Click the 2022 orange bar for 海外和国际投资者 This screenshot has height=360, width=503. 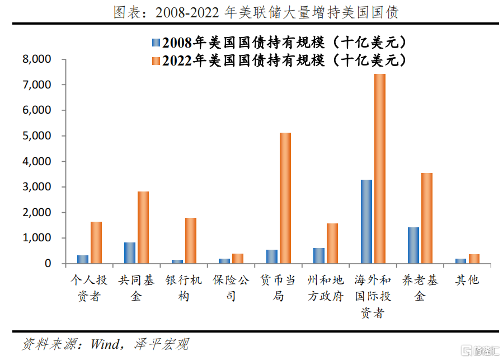(x=380, y=169)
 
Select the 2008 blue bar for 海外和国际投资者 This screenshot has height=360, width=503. (x=366, y=222)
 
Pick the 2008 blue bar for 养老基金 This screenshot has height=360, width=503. (x=413, y=245)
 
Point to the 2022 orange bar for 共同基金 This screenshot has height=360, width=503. (x=143, y=227)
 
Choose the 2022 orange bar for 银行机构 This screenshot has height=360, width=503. (x=191, y=241)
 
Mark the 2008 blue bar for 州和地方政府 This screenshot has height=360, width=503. (x=319, y=256)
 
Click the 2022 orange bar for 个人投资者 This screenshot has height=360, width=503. (x=96, y=242)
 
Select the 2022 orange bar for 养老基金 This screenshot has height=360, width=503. (x=427, y=218)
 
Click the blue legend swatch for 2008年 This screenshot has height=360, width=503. (x=155, y=43)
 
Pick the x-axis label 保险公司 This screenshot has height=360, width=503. (x=231, y=288)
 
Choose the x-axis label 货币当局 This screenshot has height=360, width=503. (x=278, y=288)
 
